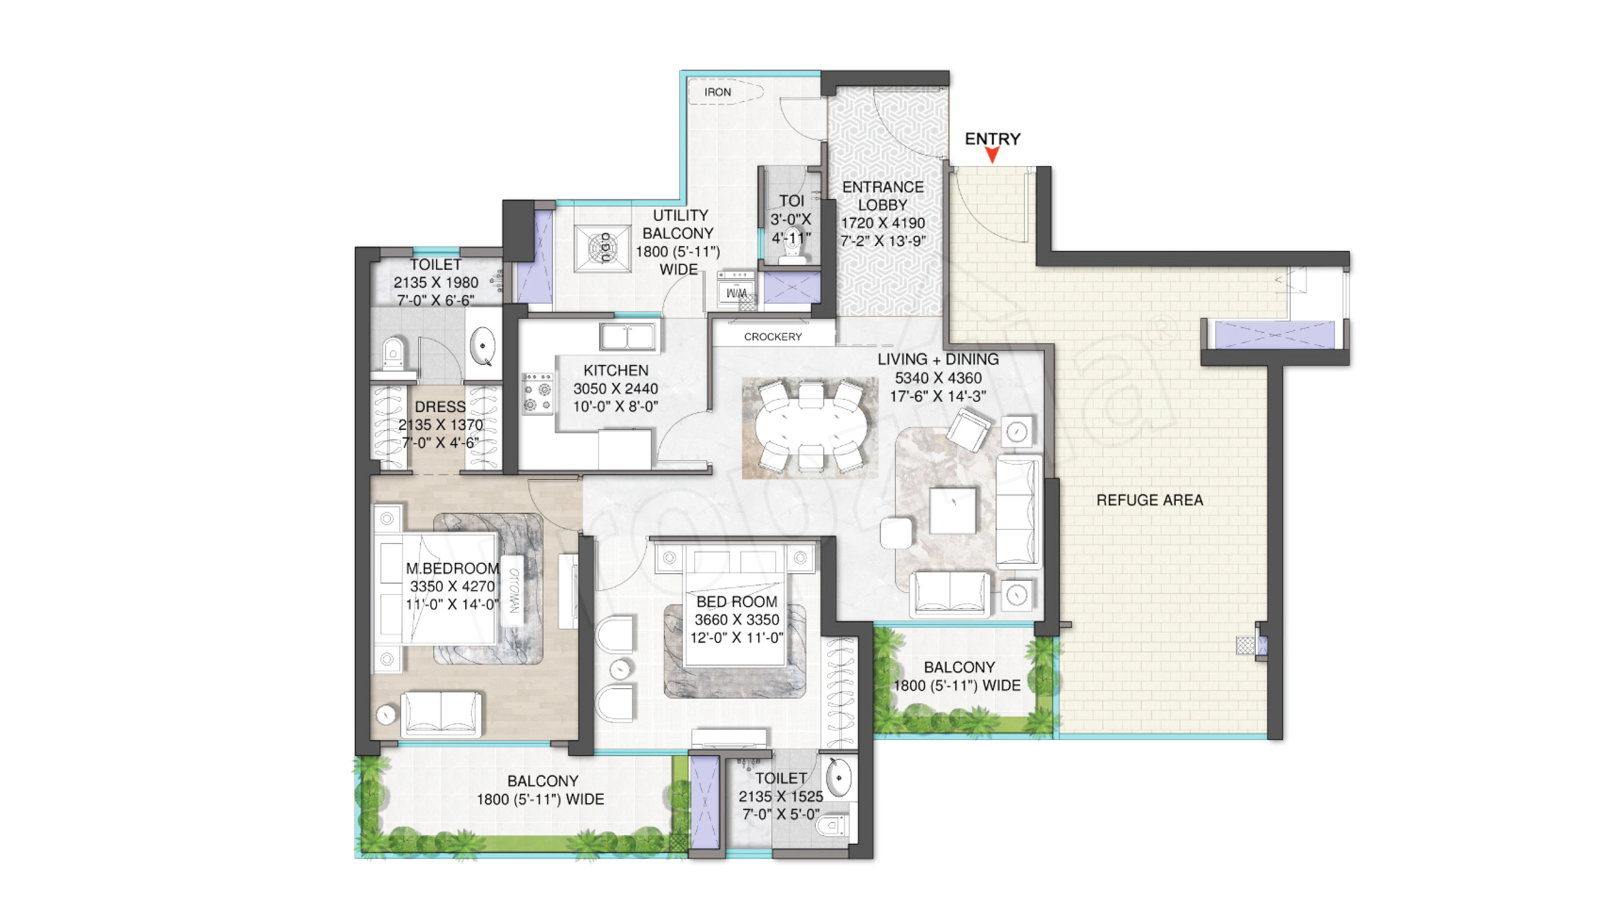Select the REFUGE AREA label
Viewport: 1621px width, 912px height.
pos(1150,500)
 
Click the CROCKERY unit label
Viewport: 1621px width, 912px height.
pos(773,337)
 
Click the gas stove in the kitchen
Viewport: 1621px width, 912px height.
pos(537,393)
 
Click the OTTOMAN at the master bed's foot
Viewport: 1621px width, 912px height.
pos(513,590)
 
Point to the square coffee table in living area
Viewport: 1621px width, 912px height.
pos(953,511)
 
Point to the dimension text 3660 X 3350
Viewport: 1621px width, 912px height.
pos(737,620)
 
